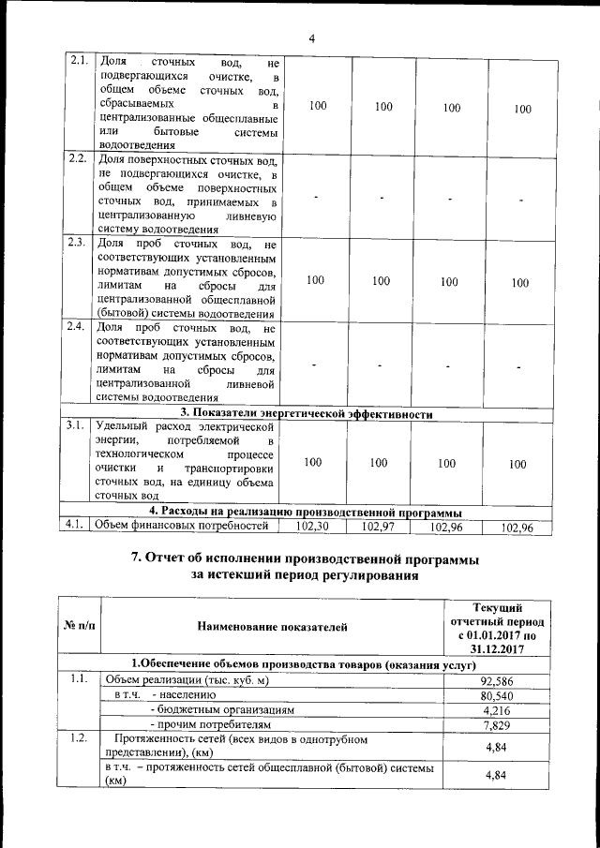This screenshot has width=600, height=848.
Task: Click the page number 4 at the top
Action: [x=311, y=38]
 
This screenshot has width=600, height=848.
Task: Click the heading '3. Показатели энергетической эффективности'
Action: [x=306, y=413]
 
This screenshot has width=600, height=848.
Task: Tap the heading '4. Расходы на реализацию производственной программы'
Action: [x=306, y=512]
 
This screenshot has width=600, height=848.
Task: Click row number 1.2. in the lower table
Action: [x=78, y=739]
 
